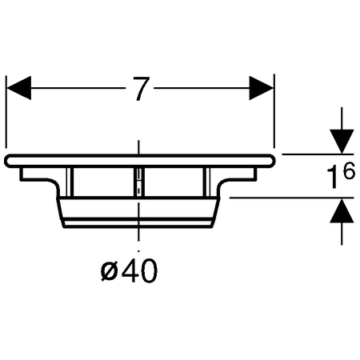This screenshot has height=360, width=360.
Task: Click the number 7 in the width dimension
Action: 141,89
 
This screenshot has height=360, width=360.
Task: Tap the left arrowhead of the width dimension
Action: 18,88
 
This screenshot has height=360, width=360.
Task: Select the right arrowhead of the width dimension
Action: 262,88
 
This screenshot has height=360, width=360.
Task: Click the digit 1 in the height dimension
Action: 334,177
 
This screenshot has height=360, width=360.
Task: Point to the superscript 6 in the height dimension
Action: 349,171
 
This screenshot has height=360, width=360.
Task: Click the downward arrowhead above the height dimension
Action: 342,142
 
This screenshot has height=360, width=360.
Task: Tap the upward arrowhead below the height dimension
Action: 342,210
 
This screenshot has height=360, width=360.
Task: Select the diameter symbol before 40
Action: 110,271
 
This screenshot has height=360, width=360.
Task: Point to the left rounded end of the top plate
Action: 7,161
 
